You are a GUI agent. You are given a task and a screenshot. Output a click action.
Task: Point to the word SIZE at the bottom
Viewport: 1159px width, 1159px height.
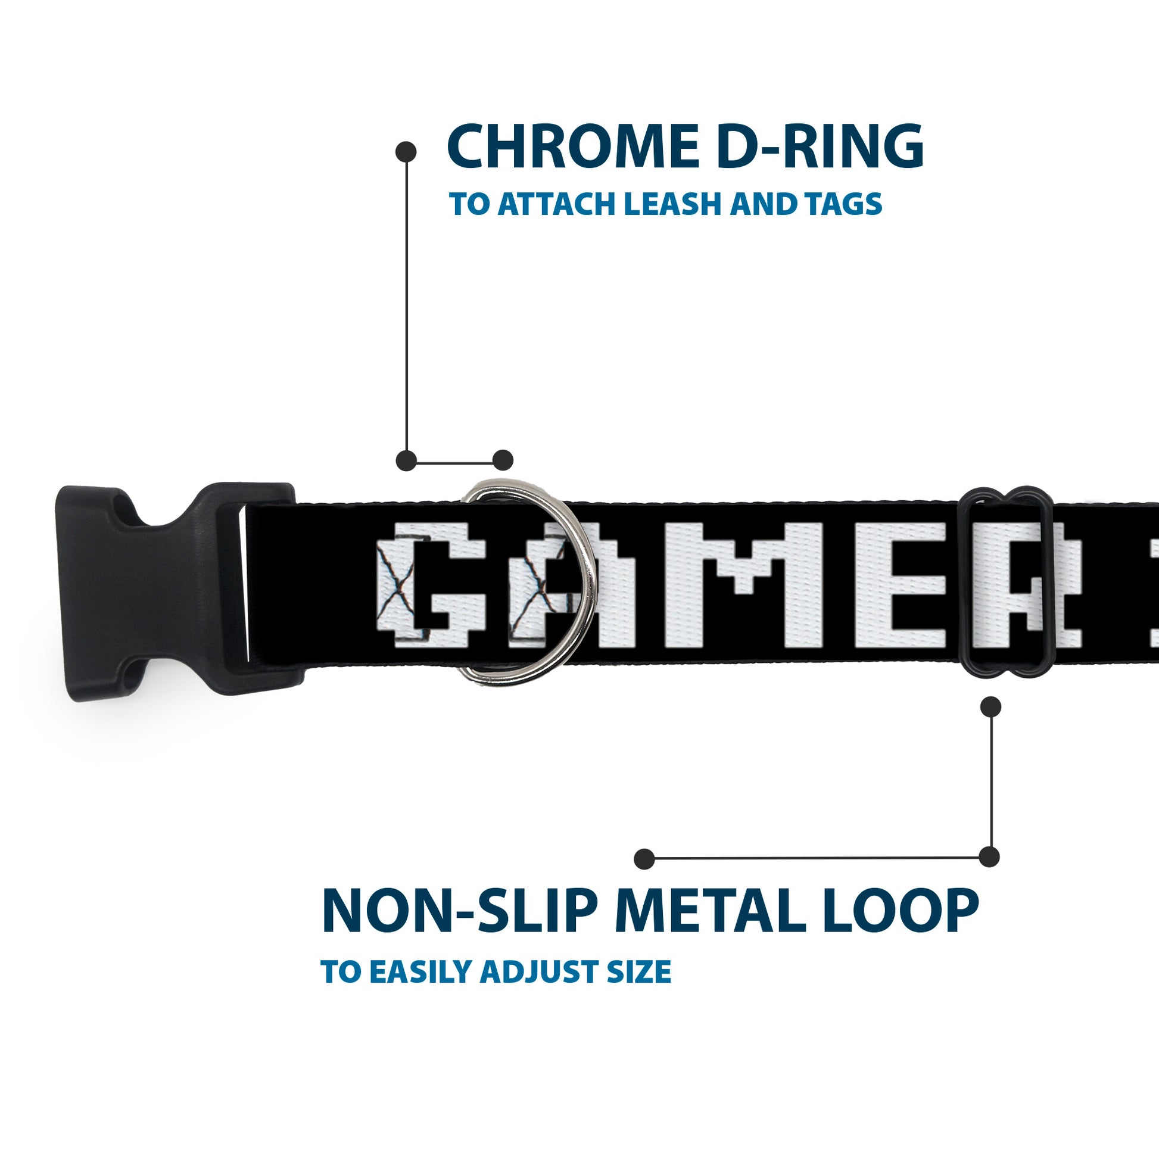640,973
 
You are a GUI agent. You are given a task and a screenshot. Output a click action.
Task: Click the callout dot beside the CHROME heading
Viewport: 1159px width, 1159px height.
406,152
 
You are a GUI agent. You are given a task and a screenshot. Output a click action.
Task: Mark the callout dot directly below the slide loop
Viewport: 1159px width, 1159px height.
990,707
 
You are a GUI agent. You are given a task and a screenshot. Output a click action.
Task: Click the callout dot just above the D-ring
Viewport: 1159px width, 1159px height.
503,460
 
